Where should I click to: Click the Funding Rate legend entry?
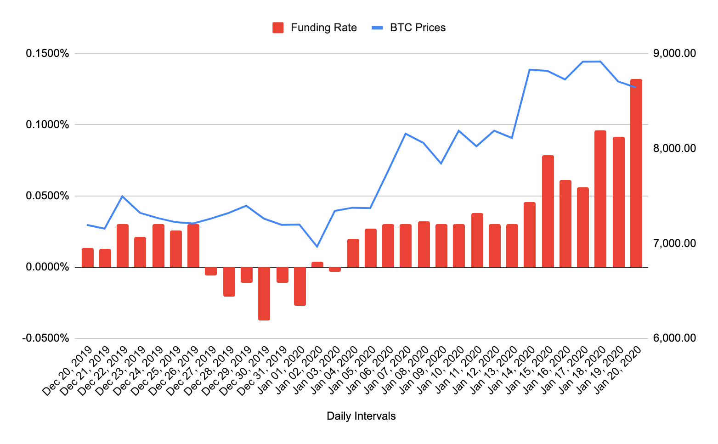[315, 28]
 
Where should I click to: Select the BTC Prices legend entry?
[408, 28]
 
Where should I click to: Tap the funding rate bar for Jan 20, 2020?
[636, 173]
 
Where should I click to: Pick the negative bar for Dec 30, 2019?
[264, 293]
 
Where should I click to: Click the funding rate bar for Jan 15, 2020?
[548, 211]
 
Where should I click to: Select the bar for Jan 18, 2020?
[600, 199]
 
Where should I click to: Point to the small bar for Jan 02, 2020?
[317, 264]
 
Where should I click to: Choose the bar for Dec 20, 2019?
[88, 258]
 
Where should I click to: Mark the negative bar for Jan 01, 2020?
[300, 286]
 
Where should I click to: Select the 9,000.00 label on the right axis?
[674, 54]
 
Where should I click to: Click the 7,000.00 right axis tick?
[674, 243]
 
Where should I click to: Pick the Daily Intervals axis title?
[361, 416]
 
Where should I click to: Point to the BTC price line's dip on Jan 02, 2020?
[317, 247]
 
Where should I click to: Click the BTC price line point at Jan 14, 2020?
[530, 70]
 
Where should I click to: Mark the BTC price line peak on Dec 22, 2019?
[122, 197]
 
